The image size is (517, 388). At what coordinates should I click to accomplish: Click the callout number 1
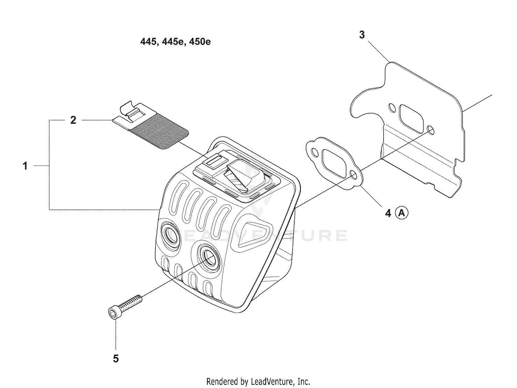click(x=25, y=166)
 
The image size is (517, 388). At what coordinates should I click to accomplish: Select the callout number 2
click(x=73, y=120)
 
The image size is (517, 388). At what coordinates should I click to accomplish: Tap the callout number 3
click(x=362, y=34)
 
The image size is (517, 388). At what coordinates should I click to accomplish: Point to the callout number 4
click(x=388, y=213)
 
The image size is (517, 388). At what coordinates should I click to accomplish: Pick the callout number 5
click(x=116, y=359)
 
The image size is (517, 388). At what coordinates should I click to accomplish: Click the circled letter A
click(x=402, y=213)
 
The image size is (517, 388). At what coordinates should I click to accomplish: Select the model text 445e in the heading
click(x=172, y=42)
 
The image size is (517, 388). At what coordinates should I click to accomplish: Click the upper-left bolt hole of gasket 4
click(x=314, y=152)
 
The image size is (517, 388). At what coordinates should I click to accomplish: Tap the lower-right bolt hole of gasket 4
click(x=353, y=175)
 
